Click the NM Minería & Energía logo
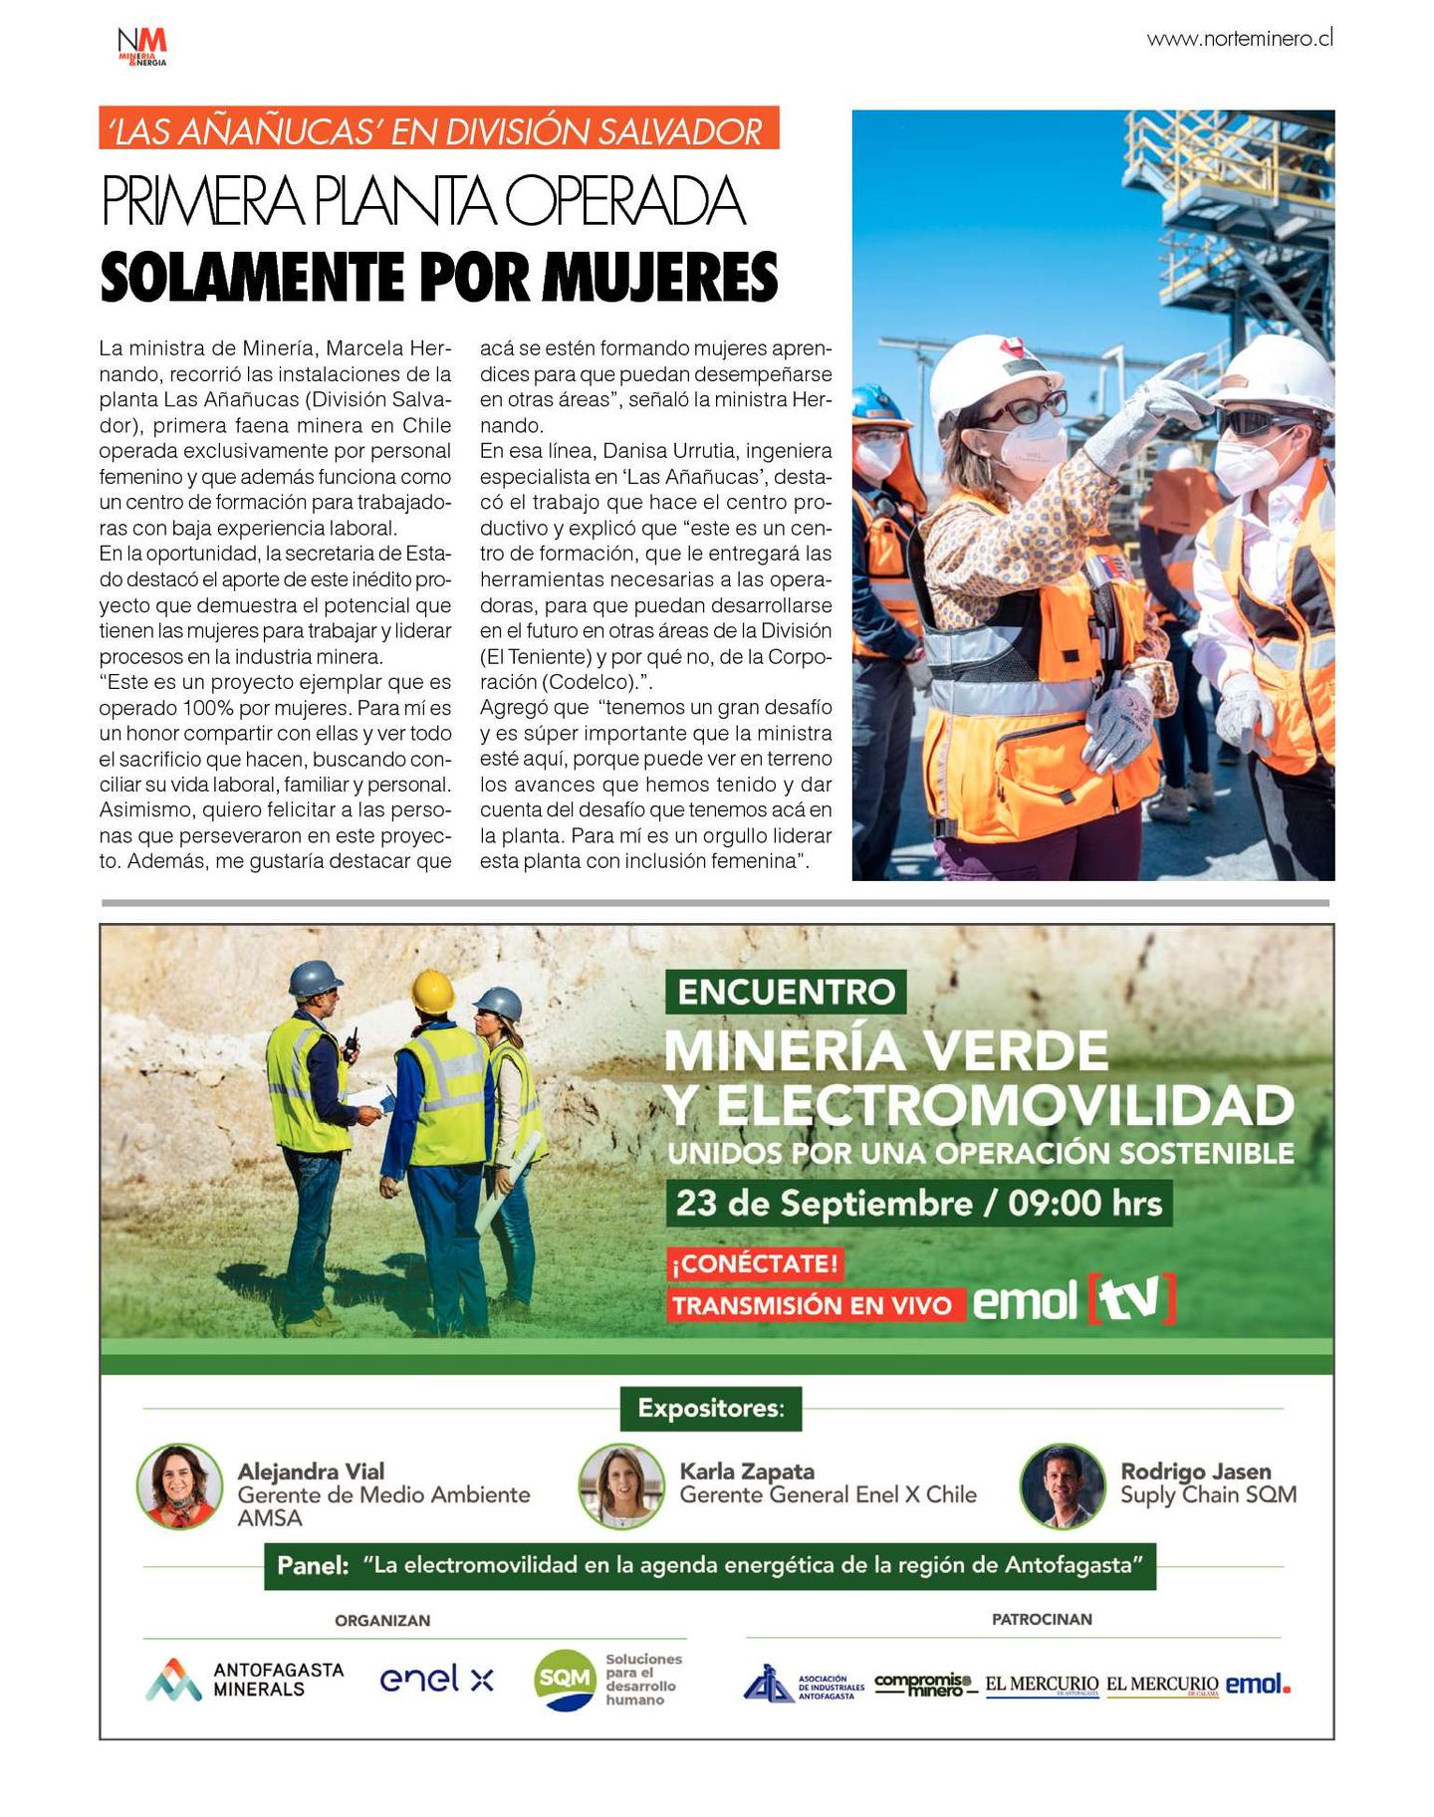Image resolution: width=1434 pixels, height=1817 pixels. click(x=141, y=46)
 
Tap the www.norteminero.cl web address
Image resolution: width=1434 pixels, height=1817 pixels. click(x=1239, y=39)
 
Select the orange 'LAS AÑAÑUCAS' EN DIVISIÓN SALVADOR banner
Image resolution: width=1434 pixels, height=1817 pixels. click(x=438, y=129)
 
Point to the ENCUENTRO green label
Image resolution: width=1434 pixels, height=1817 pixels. click(x=785, y=992)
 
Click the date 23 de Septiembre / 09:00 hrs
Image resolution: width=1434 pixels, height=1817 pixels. click(x=918, y=1203)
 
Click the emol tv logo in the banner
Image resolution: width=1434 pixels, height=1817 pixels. click(x=1074, y=1299)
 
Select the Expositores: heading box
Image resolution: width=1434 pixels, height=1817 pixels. click(x=710, y=1408)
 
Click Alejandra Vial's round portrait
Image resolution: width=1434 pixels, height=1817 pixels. click(x=180, y=1486)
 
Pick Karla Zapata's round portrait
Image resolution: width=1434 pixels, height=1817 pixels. click(x=621, y=1486)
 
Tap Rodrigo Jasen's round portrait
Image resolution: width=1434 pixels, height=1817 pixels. click(x=1063, y=1486)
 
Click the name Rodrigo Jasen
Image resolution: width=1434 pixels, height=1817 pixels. click(x=1195, y=1471)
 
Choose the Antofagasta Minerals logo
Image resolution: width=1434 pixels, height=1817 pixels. click(x=245, y=1679)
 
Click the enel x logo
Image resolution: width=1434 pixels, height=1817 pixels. click(x=436, y=1679)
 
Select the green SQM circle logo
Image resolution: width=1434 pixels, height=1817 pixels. click(x=564, y=1679)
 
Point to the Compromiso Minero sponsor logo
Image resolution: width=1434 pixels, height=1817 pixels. click(x=923, y=1684)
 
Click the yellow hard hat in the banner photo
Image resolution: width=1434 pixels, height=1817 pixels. click(x=433, y=992)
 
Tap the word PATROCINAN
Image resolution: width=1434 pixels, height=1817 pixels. click(x=1042, y=1619)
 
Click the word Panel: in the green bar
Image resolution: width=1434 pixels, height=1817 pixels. click(x=313, y=1565)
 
